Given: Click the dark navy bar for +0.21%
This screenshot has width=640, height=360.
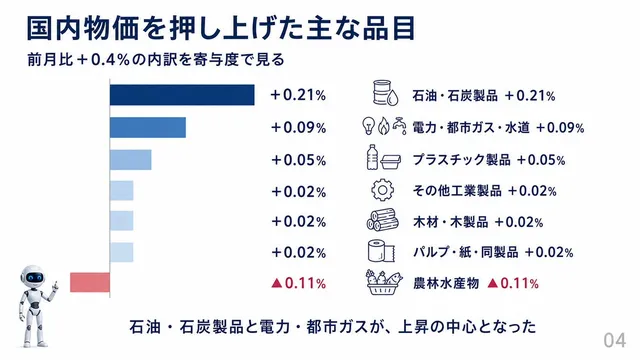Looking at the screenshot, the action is point(182,95).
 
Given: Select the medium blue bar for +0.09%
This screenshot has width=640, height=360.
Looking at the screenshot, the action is point(148,127).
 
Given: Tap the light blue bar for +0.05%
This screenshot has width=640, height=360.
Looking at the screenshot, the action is point(131,160).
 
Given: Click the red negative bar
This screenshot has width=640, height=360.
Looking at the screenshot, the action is point(90,282).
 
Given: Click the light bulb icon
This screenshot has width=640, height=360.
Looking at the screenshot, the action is point(369,126).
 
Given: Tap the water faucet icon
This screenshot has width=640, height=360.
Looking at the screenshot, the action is point(400,126).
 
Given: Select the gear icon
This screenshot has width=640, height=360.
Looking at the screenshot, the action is point(382,190).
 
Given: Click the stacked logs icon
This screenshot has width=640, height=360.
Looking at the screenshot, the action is point(382,220).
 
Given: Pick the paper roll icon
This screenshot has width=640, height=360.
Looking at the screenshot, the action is point(381,251).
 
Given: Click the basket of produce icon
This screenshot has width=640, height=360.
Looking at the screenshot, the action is point(384,282).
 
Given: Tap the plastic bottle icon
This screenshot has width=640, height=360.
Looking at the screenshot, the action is point(372,157).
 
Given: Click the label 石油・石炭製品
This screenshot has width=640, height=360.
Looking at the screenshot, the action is point(455,96).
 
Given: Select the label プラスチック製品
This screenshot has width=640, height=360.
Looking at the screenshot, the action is point(462,160).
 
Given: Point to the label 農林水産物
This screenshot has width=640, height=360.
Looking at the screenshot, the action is point(446,283).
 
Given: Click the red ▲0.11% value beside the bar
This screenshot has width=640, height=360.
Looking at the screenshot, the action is point(299,283).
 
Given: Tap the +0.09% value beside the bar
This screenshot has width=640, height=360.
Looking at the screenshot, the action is point(299,128).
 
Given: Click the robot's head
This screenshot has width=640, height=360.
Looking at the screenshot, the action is point(33,277).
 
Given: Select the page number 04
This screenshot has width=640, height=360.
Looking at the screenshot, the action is point(615,340).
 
